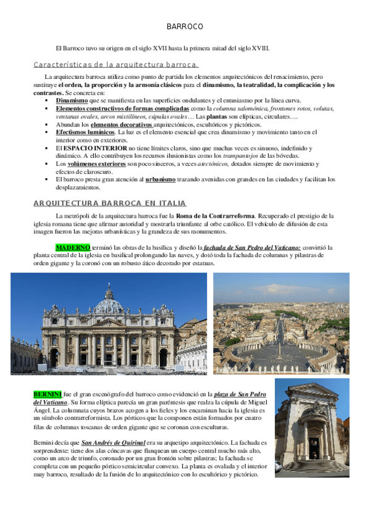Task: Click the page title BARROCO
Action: pyautogui.click(x=185, y=27)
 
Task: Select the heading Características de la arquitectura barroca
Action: pyautogui.click(x=116, y=64)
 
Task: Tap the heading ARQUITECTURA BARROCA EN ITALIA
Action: pyautogui.click(x=110, y=204)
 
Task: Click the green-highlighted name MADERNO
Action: pyautogui.click(x=73, y=247)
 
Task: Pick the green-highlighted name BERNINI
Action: pyautogui.click(x=48, y=393)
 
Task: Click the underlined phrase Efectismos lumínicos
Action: pyautogui.click(x=85, y=132)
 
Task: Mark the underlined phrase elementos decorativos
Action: pyautogui.click(x=121, y=124)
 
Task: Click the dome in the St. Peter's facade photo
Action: pyautogui.click(x=109, y=302)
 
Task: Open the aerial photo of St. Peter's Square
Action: pyautogui.click(x=281, y=323)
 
